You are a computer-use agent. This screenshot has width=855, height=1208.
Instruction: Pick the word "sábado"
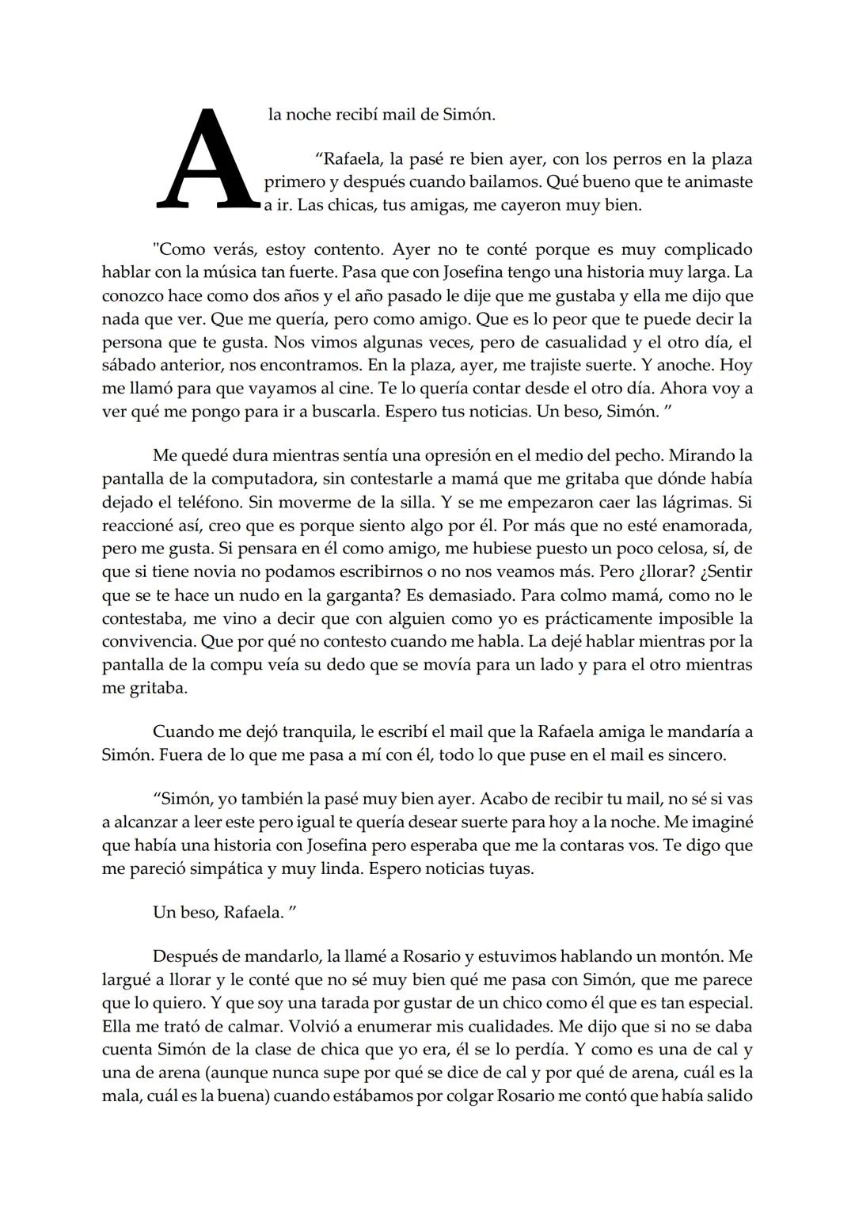click(129, 366)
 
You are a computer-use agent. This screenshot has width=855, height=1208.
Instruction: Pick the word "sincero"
click(695, 754)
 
